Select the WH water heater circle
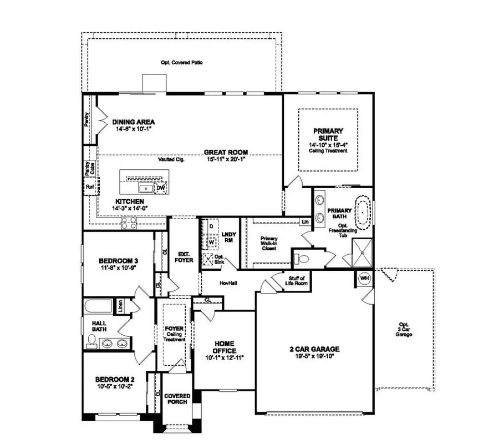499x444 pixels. pyautogui.click(x=364, y=277)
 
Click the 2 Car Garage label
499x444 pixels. pyautogui.click(x=314, y=349)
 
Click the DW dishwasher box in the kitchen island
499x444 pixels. pyautogui.click(x=160, y=188)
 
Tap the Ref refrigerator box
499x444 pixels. pyautogui.click(x=89, y=187)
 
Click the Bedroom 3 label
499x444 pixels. pyautogui.click(x=118, y=261)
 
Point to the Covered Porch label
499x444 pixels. pyautogui.click(x=177, y=400)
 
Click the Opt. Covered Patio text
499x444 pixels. pyautogui.click(x=181, y=63)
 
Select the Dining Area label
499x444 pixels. pyautogui.click(x=133, y=122)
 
